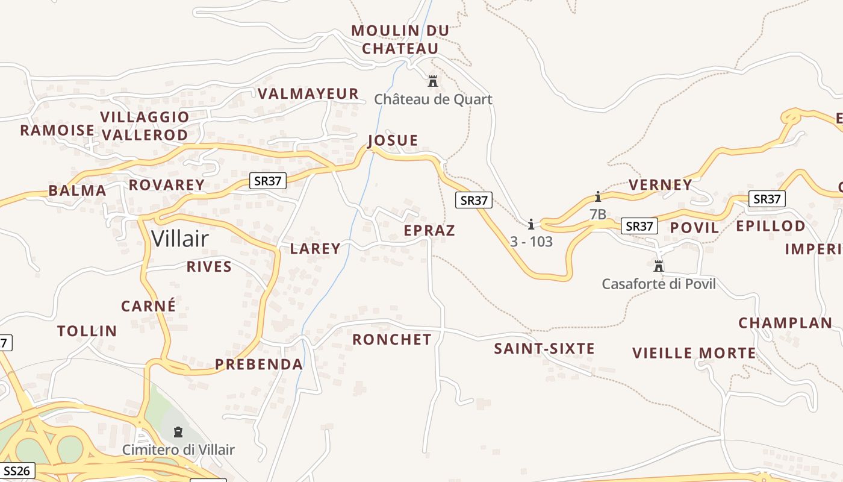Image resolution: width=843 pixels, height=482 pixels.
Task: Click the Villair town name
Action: pyautogui.click(x=180, y=239)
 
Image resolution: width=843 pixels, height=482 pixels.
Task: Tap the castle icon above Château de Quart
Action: pyautogui.click(x=432, y=81)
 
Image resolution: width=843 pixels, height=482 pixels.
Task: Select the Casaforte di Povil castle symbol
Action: pyautogui.click(x=659, y=266)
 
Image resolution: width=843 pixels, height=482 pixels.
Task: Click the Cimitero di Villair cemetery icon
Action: pyautogui.click(x=178, y=431)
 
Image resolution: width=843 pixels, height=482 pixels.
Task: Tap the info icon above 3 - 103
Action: pyautogui.click(x=531, y=225)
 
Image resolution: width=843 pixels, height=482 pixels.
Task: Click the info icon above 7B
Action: pyautogui.click(x=598, y=196)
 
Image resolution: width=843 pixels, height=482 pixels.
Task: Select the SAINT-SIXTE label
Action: pyautogui.click(x=544, y=348)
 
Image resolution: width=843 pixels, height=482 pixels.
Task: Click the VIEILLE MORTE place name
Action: pyautogui.click(x=694, y=353)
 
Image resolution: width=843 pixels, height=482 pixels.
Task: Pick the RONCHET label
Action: pyautogui.click(x=392, y=339)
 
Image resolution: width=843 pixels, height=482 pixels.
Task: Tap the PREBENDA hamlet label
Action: pyautogui.click(x=259, y=364)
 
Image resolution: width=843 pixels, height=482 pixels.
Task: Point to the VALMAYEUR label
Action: pyautogui.click(x=308, y=93)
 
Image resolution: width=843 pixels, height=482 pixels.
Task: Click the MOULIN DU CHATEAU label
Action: pyautogui.click(x=400, y=39)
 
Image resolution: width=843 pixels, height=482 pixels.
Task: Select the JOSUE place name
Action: pyautogui.click(x=393, y=140)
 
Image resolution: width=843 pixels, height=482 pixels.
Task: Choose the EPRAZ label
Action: pyautogui.click(x=429, y=230)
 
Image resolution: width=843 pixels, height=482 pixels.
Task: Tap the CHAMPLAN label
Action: pyautogui.click(x=785, y=322)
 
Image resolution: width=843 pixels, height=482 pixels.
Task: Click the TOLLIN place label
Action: pyautogui.click(x=87, y=331)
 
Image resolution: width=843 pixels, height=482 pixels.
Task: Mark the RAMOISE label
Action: pyautogui.click(x=57, y=130)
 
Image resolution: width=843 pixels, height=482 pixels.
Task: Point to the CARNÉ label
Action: pyautogui.click(x=149, y=306)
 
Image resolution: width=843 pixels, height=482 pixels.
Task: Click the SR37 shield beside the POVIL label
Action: pyautogui.click(x=639, y=226)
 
